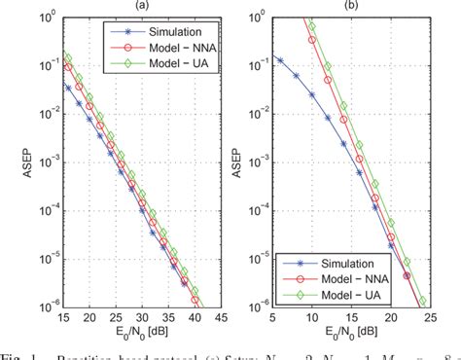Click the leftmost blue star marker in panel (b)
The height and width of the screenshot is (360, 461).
pyautogui.click(x=253, y=59)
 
